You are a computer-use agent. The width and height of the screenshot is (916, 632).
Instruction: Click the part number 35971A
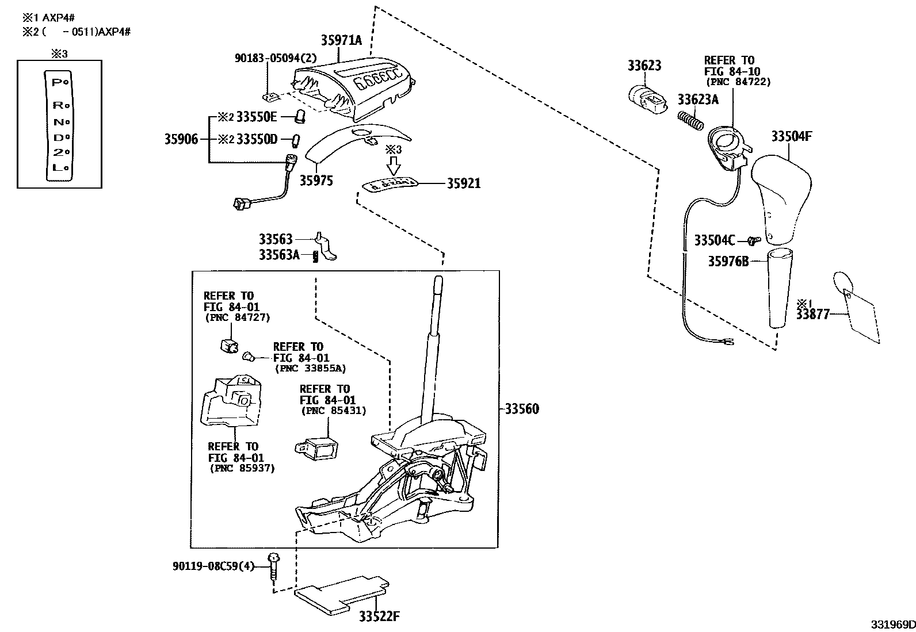(x=342, y=40)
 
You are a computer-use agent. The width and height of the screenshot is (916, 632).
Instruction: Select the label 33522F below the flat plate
(x=379, y=617)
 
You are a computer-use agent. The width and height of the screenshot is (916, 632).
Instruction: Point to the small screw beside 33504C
(x=754, y=240)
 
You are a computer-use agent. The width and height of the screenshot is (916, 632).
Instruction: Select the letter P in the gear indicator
(x=56, y=82)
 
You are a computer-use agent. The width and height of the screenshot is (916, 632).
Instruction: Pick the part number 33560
(x=522, y=409)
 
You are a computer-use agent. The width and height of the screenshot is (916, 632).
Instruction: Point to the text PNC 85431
(x=334, y=411)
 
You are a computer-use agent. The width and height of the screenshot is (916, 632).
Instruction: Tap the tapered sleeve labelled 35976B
(x=780, y=288)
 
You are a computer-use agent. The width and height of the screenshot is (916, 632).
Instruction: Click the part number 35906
(x=181, y=139)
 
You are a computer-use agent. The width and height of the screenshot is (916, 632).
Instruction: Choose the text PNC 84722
(x=737, y=82)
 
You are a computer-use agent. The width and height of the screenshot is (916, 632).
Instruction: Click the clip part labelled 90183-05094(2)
(x=268, y=94)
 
